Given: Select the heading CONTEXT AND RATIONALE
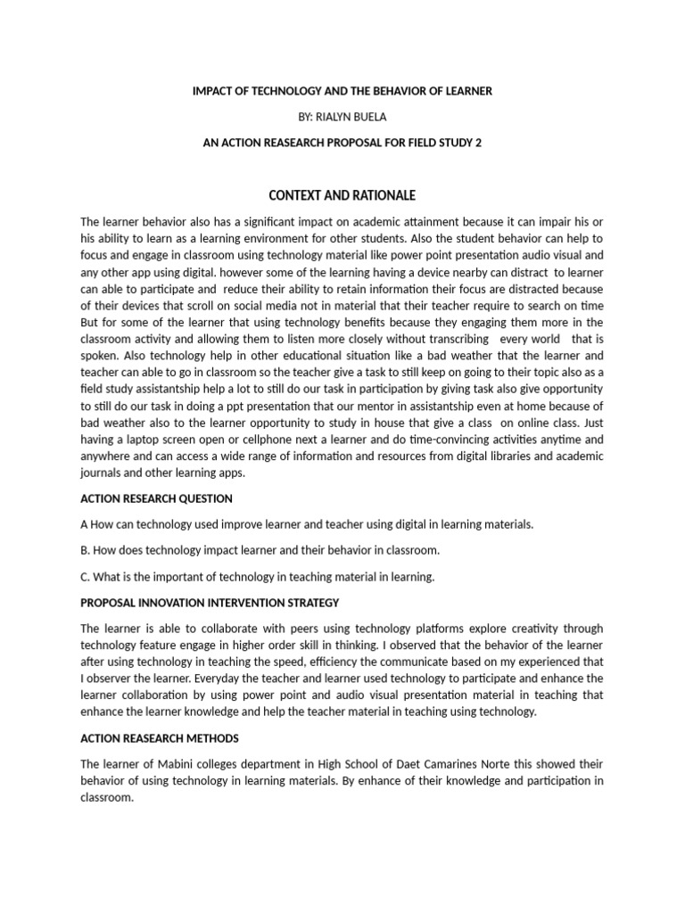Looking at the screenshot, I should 342,195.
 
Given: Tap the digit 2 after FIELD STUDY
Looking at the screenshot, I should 478,143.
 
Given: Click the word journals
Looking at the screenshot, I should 103,473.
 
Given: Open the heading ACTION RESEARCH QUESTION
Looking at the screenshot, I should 156,498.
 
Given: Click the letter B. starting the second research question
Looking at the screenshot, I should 86,550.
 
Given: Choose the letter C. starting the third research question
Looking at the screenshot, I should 86,577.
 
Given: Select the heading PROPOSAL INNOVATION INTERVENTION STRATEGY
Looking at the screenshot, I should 210,604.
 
